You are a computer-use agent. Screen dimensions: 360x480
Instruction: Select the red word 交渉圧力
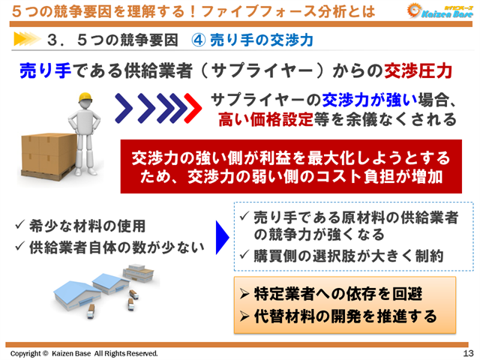418,71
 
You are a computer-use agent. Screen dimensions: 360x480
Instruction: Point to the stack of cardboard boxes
46,160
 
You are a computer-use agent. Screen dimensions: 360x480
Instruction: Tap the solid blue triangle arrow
222,238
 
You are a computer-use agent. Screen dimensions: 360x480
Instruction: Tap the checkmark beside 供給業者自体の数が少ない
20,244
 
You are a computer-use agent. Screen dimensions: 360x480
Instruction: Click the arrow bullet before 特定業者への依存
244,293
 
